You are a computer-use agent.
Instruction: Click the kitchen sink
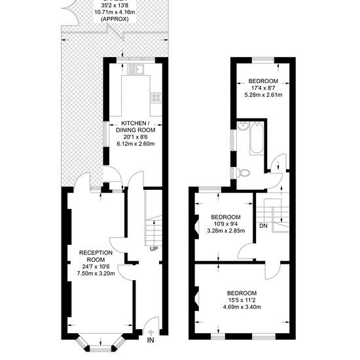(x=135, y=69)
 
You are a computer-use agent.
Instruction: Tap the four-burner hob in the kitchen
(x=156, y=98)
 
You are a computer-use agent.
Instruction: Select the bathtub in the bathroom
(x=257, y=139)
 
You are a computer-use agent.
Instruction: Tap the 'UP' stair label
(x=154, y=249)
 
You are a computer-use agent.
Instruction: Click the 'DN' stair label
(x=263, y=226)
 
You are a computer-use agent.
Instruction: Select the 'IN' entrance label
(x=151, y=340)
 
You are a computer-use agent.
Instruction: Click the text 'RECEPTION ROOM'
(x=96, y=256)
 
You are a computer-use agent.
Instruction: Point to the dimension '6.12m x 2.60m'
(x=135, y=144)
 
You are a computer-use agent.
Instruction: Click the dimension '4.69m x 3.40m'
(x=242, y=307)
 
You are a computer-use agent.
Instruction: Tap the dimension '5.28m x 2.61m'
(x=263, y=95)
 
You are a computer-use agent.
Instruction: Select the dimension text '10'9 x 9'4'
(x=226, y=224)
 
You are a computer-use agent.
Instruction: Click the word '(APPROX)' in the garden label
(x=115, y=19)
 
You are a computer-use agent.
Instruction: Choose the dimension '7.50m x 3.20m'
(x=96, y=274)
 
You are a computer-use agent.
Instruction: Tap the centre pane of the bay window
(x=100, y=350)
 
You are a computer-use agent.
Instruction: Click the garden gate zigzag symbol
(x=116, y=33)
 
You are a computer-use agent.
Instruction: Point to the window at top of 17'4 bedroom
(x=263, y=60)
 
